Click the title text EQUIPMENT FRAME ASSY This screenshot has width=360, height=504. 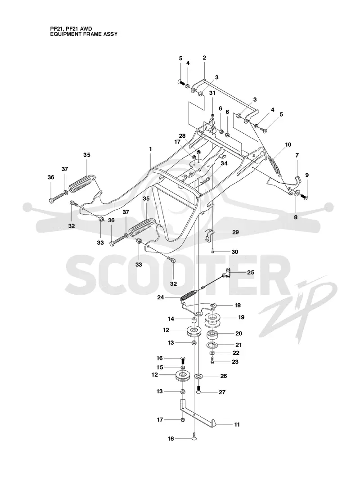[84, 34]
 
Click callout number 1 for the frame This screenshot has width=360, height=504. [150, 149]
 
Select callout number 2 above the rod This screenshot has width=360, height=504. [204, 58]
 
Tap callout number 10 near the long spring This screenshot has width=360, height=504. [288, 144]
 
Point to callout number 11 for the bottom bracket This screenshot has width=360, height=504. [237, 424]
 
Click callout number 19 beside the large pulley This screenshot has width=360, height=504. [241, 317]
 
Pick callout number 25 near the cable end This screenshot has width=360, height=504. [250, 273]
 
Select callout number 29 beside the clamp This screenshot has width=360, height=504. [235, 232]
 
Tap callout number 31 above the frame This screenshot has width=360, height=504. [212, 93]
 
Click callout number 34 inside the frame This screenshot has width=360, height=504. [224, 163]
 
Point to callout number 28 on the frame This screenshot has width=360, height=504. [182, 136]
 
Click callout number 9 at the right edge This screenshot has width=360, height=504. [307, 175]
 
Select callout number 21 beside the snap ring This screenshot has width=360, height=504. [238, 345]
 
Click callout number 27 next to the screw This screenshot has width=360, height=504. [222, 392]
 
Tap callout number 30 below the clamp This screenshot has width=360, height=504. [235, 252]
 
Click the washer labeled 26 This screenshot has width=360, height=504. [198, 376]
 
